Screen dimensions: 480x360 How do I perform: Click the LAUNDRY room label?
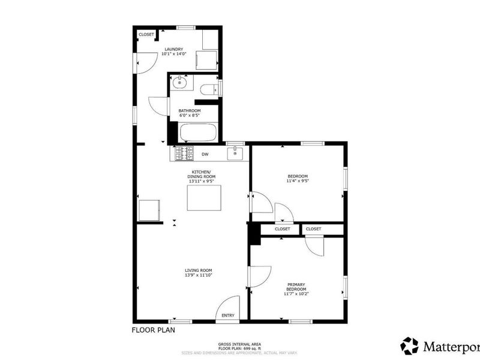(x=174, y=49)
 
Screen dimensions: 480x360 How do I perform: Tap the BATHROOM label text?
(x=190, y=111)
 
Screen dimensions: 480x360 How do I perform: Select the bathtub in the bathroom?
(x=198, y=132)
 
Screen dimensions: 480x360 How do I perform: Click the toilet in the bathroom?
(x=209, y=90)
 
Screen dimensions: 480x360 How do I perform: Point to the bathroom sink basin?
(x=179, y=83)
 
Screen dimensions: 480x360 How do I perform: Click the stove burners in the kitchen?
(x=184, y=154)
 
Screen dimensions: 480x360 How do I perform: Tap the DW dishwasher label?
(x=205, y=154)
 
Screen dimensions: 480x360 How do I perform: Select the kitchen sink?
(x=235, y=154)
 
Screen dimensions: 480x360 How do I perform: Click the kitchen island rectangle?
(x=204, y=198)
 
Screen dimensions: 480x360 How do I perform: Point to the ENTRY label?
(x=228, y=316)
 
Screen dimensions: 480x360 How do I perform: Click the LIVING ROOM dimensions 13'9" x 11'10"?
(x=199, y=275)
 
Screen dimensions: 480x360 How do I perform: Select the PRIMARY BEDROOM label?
(x=296, y=287)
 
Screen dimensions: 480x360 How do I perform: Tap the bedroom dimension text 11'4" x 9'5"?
(x=298, y=181)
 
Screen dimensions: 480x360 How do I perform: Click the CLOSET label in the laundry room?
(x=146, y=35)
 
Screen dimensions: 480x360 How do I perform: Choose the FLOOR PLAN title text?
(x=154, y=330)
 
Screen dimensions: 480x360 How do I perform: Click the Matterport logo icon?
(x=410, y=346)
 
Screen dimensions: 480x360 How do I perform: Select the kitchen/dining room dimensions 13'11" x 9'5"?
(x=201, y=181)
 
